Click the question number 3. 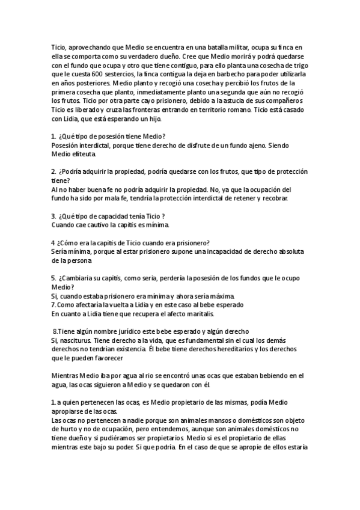click(x=53, y=216)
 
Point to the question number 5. click(x=53, y=278)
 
